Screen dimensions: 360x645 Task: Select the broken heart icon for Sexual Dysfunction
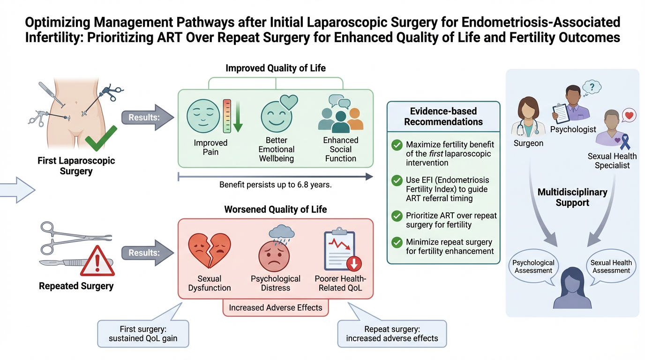tap(210, 251)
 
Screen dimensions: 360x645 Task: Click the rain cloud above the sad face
tap(282, 232)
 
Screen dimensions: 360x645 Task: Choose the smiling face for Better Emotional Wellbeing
tap(276, 117)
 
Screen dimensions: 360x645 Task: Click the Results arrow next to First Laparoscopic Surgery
tap(143, 118)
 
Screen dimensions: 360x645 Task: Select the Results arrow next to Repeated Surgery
tap(143, 253)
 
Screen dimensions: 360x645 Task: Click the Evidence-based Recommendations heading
tap(443, 117)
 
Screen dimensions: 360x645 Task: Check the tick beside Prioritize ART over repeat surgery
tap(397, 217)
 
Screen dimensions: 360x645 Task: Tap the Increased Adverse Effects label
tap(276, 308)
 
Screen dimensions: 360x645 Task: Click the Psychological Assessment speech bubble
tap(533, 267)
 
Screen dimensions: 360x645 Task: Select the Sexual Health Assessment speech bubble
tap(611, 267)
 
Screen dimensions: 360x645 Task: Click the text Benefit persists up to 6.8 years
tap(276, 185)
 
